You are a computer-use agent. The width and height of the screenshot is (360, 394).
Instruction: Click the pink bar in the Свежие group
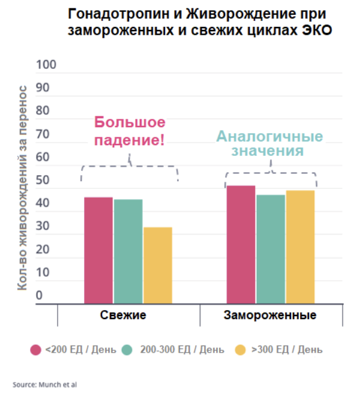(x=98, y=250)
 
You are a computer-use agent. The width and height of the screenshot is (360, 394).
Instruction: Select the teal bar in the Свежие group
(x=128, y=251)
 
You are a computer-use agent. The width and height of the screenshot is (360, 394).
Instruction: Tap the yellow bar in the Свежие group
(x=158, y=265)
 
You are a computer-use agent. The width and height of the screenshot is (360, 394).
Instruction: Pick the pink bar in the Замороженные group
(x=241, y=245)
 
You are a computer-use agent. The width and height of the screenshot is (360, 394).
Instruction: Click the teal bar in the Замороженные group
(x=271, y=249)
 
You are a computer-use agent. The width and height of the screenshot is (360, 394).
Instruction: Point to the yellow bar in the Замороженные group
(x=300, y=246)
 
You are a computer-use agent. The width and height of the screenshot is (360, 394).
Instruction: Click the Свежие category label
(x=123, y=315)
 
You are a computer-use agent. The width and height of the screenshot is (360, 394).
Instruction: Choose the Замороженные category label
(x=270, y=315)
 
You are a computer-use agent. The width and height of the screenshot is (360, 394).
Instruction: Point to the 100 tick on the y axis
(x=46, y=64)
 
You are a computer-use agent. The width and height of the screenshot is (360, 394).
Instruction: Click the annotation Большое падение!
(x=129, y=131)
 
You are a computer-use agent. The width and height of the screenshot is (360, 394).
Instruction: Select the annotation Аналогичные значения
(x=269, y=143)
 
